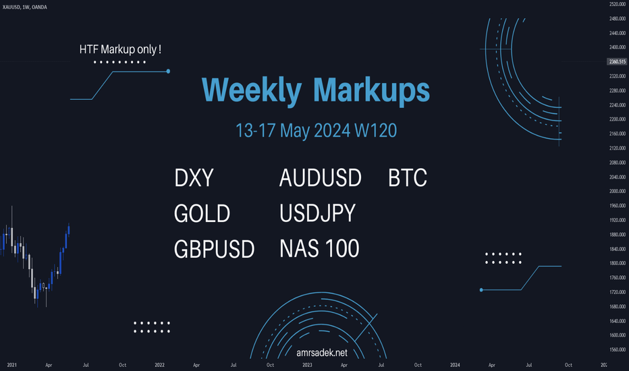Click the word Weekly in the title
(252, 90)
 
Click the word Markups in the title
(371, 90)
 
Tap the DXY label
(194, 177)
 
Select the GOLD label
(202, 213)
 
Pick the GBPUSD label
(214, 249)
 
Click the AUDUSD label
(320, 177)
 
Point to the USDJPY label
(317, 213)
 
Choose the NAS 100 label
(319, 248)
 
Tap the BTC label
(408, 177)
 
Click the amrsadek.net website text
(322, 353)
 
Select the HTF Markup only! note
(120, 49)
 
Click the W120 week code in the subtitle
(375, 131)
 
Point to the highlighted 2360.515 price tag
(617, 62)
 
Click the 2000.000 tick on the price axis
(618, 192)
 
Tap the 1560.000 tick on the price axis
(618, 349)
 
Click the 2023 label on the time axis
(307, 365)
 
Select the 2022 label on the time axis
(160, 365)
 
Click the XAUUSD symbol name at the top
(11, 7)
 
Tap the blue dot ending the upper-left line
(168, 72)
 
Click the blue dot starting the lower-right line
(481, 290)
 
